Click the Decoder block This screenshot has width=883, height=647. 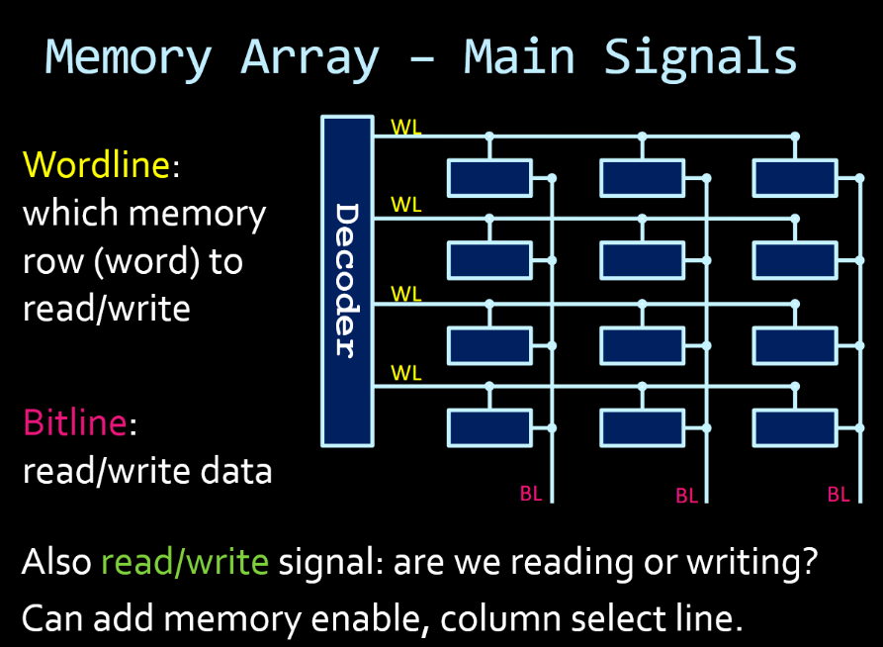[347, 280]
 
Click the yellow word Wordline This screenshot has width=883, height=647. [97, 164]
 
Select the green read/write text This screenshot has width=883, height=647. [185, 562]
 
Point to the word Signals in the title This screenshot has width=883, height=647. [700, 56]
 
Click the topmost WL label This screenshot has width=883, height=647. [406, 127]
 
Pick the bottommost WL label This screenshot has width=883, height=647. [406, 373]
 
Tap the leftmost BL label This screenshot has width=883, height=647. [531, 494]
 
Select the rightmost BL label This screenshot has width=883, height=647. [839, 495]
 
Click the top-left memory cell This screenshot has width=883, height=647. [489, 178]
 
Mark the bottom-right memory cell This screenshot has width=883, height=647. [794, 427]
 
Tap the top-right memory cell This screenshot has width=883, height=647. [794, 178]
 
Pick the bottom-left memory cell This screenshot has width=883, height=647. [489, 427]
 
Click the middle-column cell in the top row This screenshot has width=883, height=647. [642, 178]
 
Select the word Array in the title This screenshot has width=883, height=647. [309, 56]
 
